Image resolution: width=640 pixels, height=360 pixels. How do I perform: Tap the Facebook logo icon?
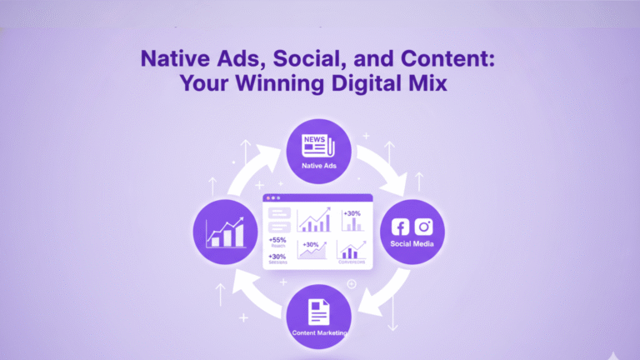pyautogui.click(x=402, y=227)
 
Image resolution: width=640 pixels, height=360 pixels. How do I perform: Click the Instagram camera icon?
pyautogui.click(x=424, y=227)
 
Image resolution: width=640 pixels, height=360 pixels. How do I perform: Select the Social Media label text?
pyautogui.click(x=412, y=244)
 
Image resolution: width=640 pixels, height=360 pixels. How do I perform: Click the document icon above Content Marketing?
pyautogui.click(x=319, y=312)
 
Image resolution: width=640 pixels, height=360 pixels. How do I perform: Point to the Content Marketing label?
pyautogui.click(x=319, y=333)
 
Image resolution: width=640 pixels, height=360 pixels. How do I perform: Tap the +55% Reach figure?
pyautogui.click(x=277, y=242)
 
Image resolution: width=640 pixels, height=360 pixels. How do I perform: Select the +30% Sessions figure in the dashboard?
pyautogui.click(x=277, y=258)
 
